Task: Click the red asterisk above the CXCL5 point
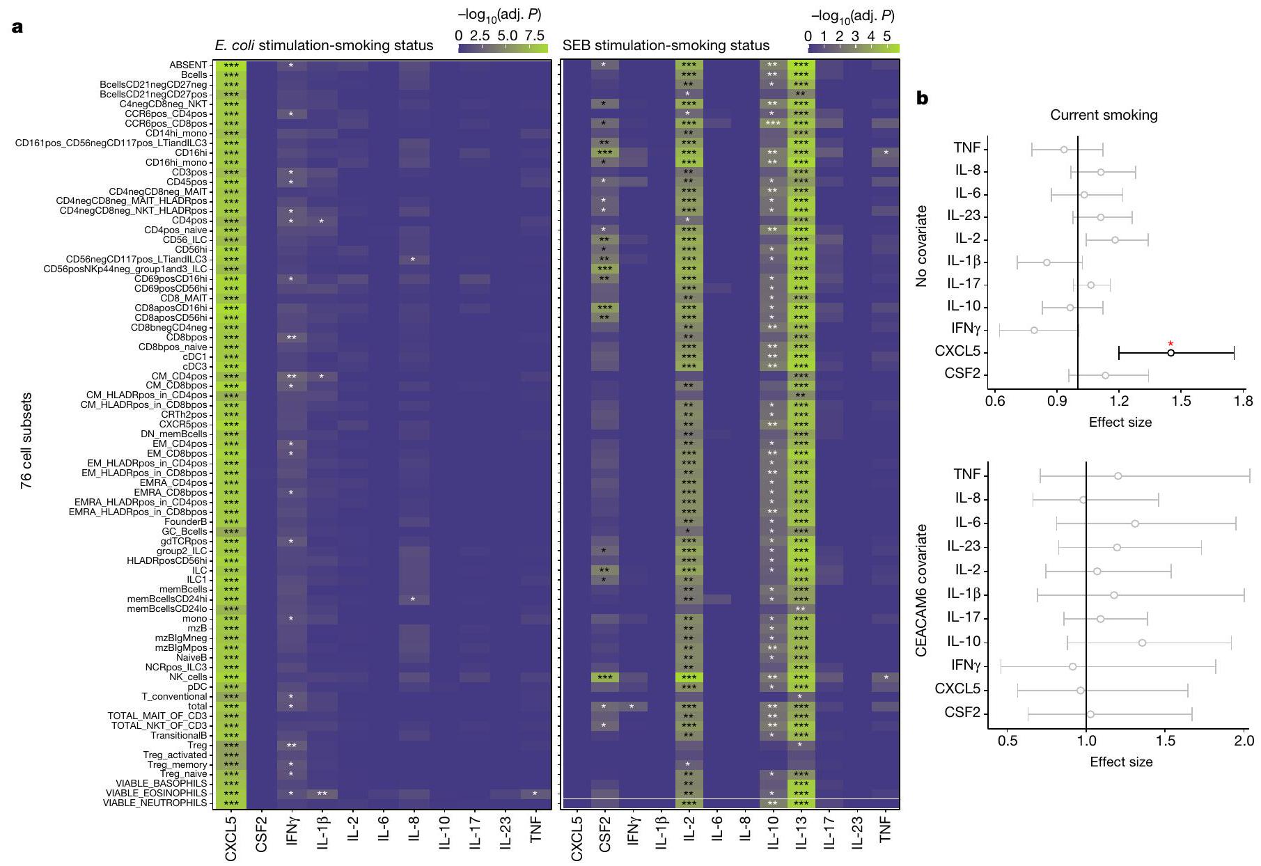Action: [1170, 343]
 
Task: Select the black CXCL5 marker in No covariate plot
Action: [1171, 353]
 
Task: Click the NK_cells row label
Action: [187, 677]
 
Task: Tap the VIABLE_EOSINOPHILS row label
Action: [156, 794]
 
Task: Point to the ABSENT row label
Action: [188, 65]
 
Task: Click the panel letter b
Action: [922, 99]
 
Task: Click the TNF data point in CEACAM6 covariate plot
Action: [1118, 476]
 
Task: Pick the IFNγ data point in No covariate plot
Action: [1034, 330]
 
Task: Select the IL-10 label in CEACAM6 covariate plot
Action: [963, 642]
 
